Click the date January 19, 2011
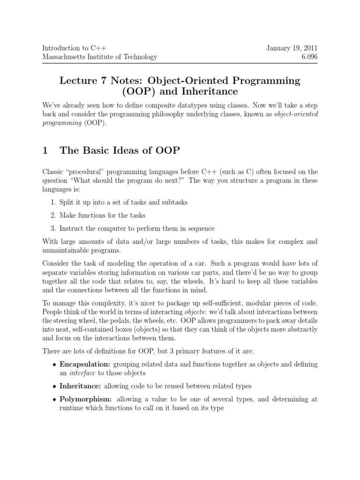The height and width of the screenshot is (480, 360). pos(292,48)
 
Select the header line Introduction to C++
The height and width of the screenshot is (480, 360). pos(74,48)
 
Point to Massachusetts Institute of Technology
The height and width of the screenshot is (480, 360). pos(99,57)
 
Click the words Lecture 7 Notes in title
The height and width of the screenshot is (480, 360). pos(90,81)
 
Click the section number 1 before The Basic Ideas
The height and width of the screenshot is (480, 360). pos(45,151)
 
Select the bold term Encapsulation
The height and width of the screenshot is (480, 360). pos(80,364)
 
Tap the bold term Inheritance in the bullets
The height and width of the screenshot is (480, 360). pos(78,386)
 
